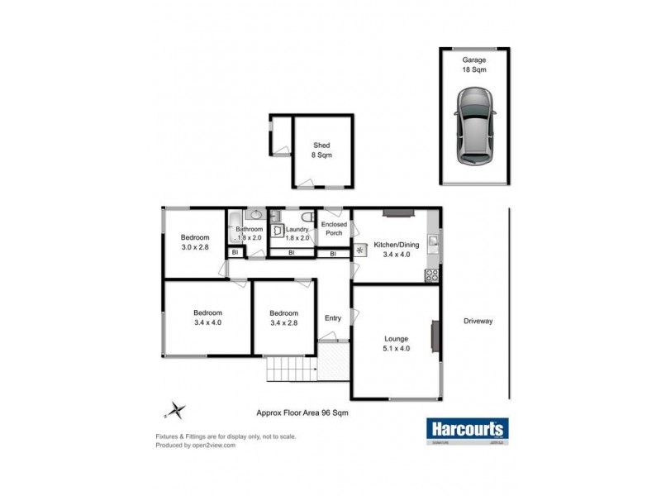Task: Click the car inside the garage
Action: [x=475, y=126]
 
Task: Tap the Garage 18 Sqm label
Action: [x=474, y=65]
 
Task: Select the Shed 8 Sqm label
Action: [x=322, y=150]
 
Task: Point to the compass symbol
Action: [x=177, y=408]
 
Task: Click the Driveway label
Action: [x=478, y=321]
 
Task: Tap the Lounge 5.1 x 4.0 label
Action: [x=397, y=343]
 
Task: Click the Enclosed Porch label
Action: [x=334, y=229]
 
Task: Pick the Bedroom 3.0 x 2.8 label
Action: [x=196, y=241]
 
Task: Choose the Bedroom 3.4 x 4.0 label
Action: [x=208, y=317]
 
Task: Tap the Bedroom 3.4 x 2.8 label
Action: [x=283, y=317]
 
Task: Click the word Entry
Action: [x=333, y=318]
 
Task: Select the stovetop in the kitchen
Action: [x=430, y=274]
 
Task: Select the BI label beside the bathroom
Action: [x=235, y=252]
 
